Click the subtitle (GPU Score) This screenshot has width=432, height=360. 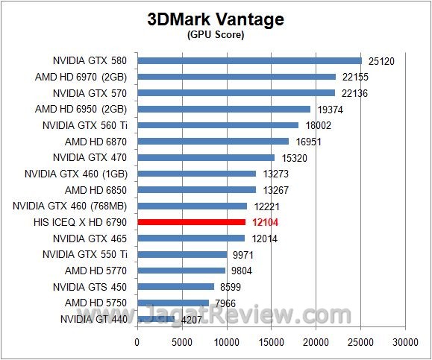[216, 35]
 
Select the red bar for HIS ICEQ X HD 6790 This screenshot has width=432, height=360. [191, 222]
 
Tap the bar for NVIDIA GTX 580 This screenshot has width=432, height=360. [249, 60]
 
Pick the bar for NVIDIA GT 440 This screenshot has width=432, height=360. [155, 319]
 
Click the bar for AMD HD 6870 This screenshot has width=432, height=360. [213, 141]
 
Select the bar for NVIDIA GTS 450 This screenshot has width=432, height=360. [175, 286]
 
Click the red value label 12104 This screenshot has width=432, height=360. [264, 222]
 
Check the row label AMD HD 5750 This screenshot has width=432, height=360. [96, 303]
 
